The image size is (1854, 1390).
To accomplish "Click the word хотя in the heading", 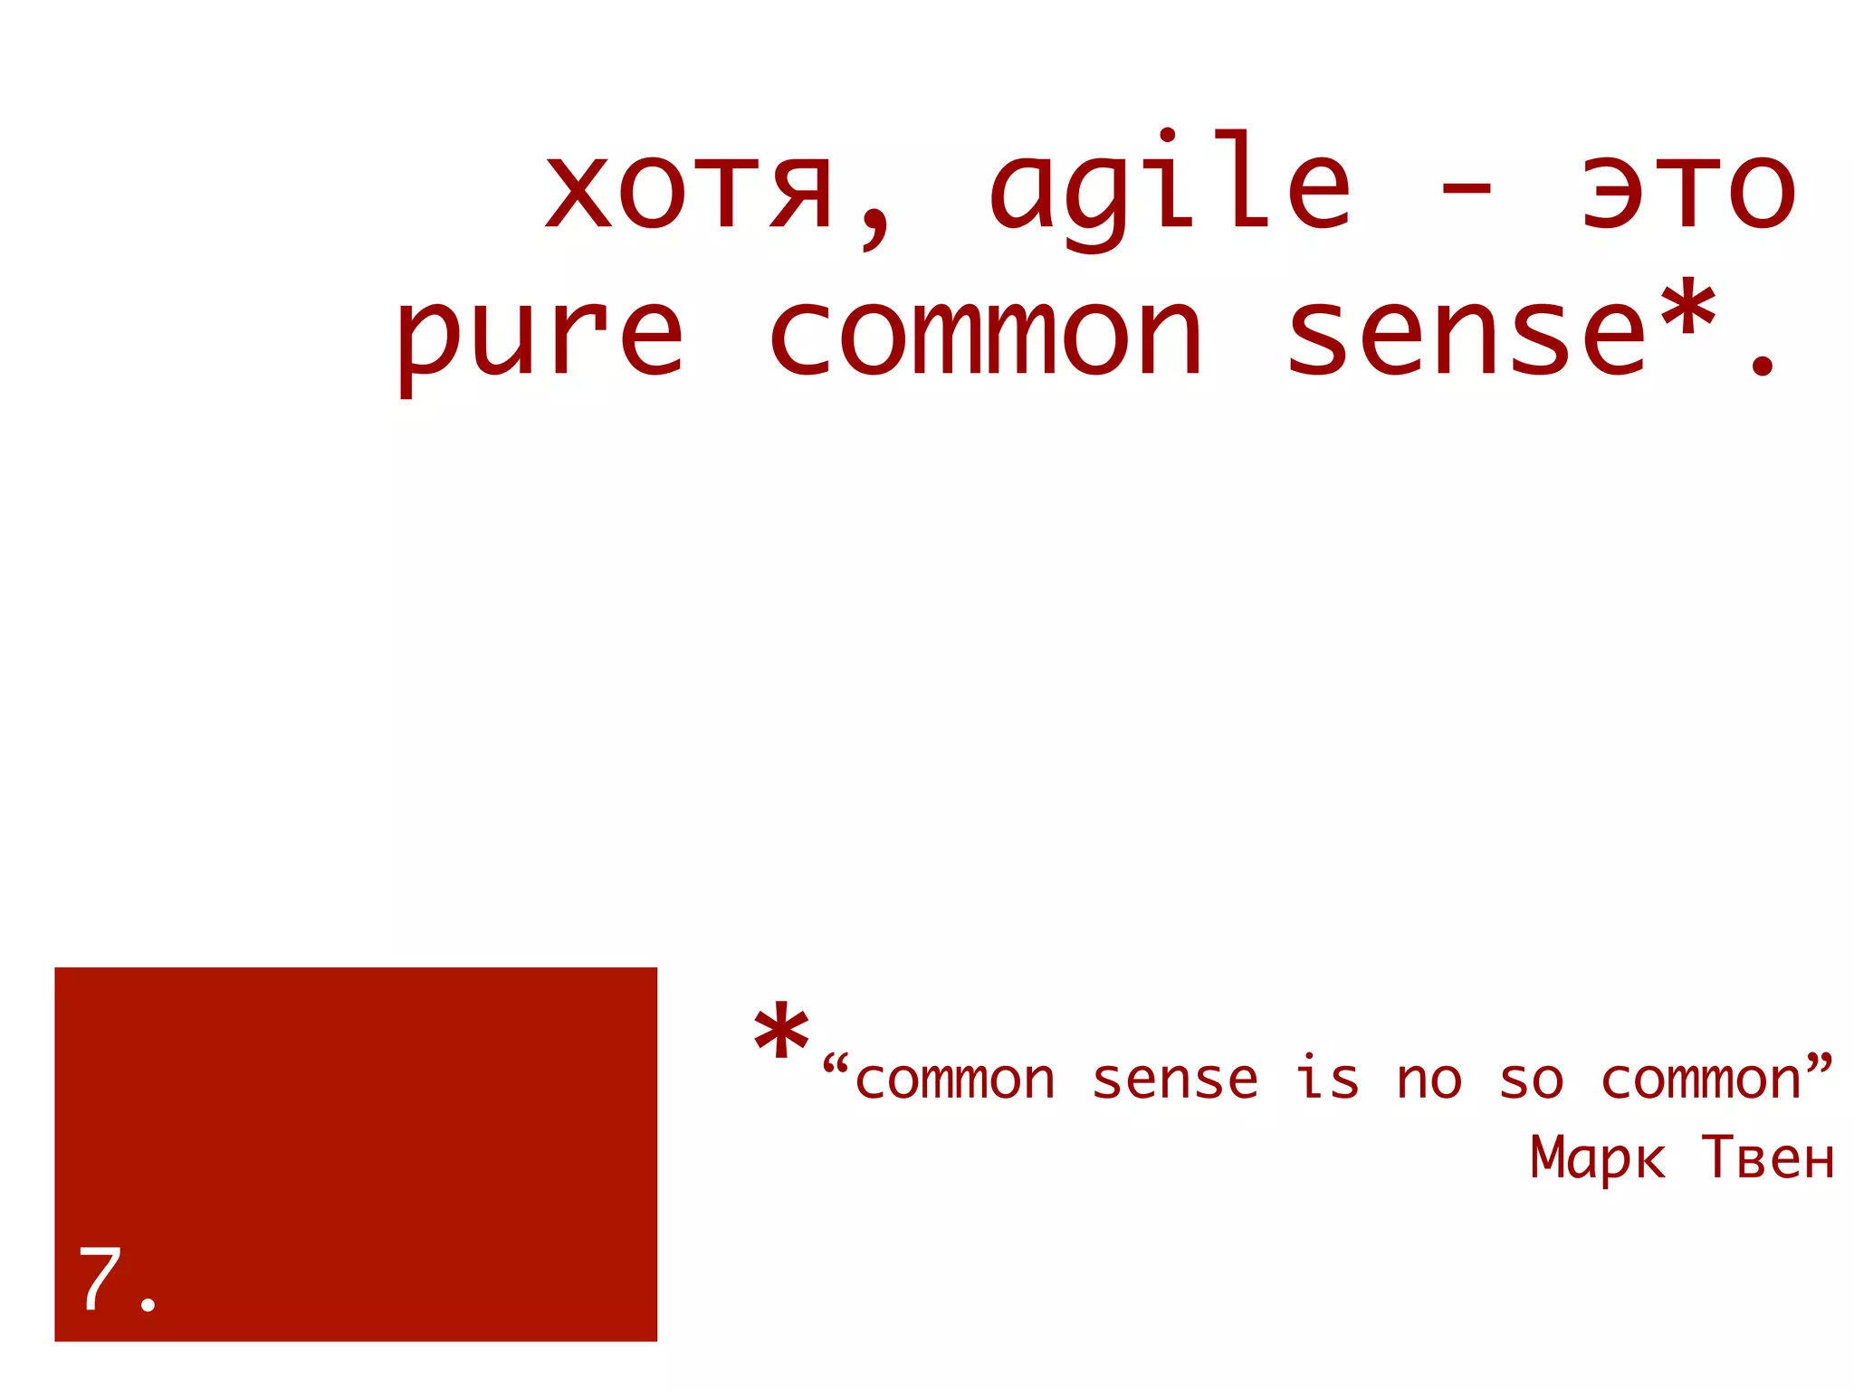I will click(688, 192).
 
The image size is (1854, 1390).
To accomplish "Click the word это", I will click(1688, 192).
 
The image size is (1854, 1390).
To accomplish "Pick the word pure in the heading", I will click(539, 339).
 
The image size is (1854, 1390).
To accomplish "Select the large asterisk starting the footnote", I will click(780, 1033).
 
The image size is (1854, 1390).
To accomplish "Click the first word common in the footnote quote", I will click(955, 1081).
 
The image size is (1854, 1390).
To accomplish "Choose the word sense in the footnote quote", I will click(1175, 1081).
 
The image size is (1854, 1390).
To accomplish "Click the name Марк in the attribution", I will click(1597, 1158).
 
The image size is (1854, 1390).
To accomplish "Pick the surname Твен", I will click(1767, 1158).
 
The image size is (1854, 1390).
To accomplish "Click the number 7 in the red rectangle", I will click(100, 1278).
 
